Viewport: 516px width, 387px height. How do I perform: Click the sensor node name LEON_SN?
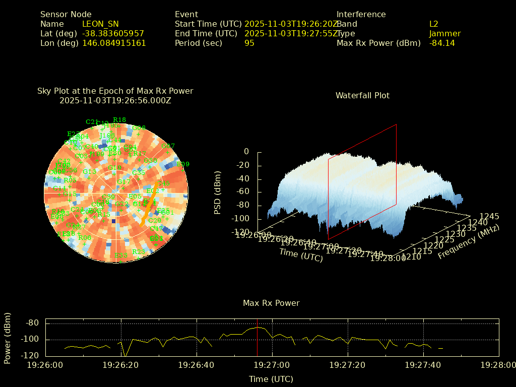(x=100, y=24)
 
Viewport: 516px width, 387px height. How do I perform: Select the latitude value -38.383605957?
(x=113, y=33)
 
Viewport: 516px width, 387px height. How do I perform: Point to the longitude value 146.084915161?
(x=114, y=43)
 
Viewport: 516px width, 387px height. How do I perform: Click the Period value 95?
(x=249, y=43)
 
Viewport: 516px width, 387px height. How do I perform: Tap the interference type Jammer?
(x=444, y=33)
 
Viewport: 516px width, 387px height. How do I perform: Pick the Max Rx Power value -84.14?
(x=442, y=43)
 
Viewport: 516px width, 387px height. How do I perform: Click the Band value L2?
(x=433, y=24)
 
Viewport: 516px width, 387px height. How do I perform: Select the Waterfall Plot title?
(x=362, y=95)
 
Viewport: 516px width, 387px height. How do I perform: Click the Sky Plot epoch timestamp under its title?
(x=115, y=100)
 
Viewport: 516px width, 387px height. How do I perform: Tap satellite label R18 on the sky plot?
(x=119, y=120)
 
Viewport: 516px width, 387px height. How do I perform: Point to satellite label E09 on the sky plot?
(x=183, y=164)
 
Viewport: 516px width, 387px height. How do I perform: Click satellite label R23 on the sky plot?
(x=138, y=252)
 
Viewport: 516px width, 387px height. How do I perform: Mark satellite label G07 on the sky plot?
(x=168, y=146)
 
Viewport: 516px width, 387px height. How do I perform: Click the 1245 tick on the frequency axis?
(x=489, y=216)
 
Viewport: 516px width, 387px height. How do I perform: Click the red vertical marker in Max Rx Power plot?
(x=257, y=338)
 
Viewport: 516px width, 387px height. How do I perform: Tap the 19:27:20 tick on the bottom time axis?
(x=348, y=364)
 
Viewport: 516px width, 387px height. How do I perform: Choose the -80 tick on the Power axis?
(x=33, y=323)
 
